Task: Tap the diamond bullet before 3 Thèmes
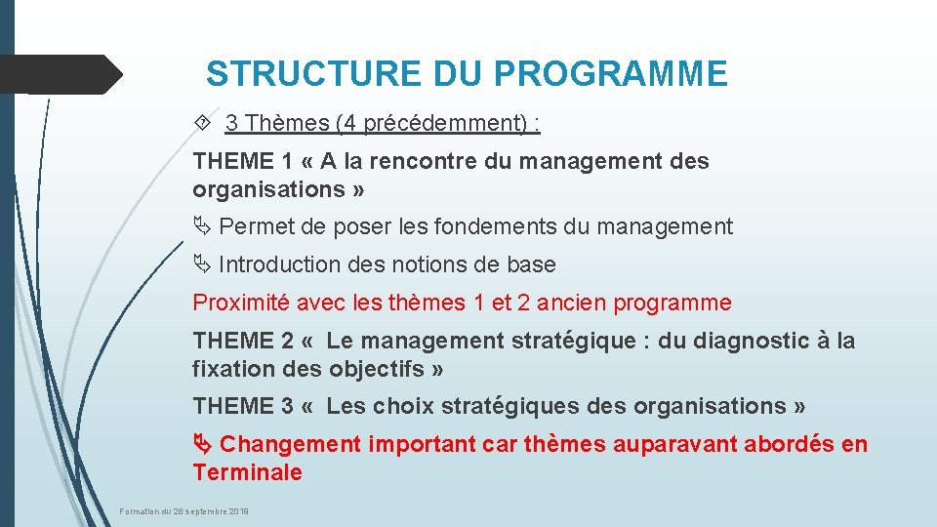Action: tap(202, 123)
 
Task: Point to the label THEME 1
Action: tap(243, 161)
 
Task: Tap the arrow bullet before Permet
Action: tap(202, 227)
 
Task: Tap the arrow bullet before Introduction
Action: tap(202, 264)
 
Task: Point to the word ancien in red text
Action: tap(573, 303)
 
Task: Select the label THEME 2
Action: tap(243, 341)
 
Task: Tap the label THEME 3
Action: tap(243, 406)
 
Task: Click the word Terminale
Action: tap(247, 473)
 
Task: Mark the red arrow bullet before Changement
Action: tap(202, 445)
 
